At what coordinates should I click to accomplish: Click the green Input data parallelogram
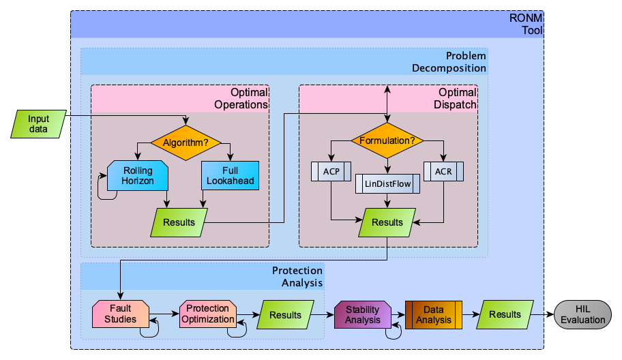click(38, 123)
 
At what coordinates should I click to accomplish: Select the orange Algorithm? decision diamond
click(186, 142)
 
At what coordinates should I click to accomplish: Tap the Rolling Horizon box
click(138, 175)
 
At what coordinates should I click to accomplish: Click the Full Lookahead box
click(231, 175)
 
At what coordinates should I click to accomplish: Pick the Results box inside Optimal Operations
click(179, 222)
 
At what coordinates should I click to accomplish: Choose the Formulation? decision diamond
click(387, 141)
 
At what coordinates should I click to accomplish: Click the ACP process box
click(331, 170)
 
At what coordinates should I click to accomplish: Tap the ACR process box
click(443, 170)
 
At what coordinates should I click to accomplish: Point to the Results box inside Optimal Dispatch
click(387, 222)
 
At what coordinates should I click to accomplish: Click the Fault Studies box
click(121, 314)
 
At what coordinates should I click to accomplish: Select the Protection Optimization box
click(207, 314)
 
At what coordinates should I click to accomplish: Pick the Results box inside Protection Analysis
click(285, 315)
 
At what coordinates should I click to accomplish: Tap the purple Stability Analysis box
click(362, 314)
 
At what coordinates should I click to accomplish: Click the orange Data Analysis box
click(434, 314)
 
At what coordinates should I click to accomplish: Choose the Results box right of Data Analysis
click(505, 314)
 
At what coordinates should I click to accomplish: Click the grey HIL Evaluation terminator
click(583, 314)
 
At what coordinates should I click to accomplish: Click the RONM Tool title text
click(529, 24)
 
